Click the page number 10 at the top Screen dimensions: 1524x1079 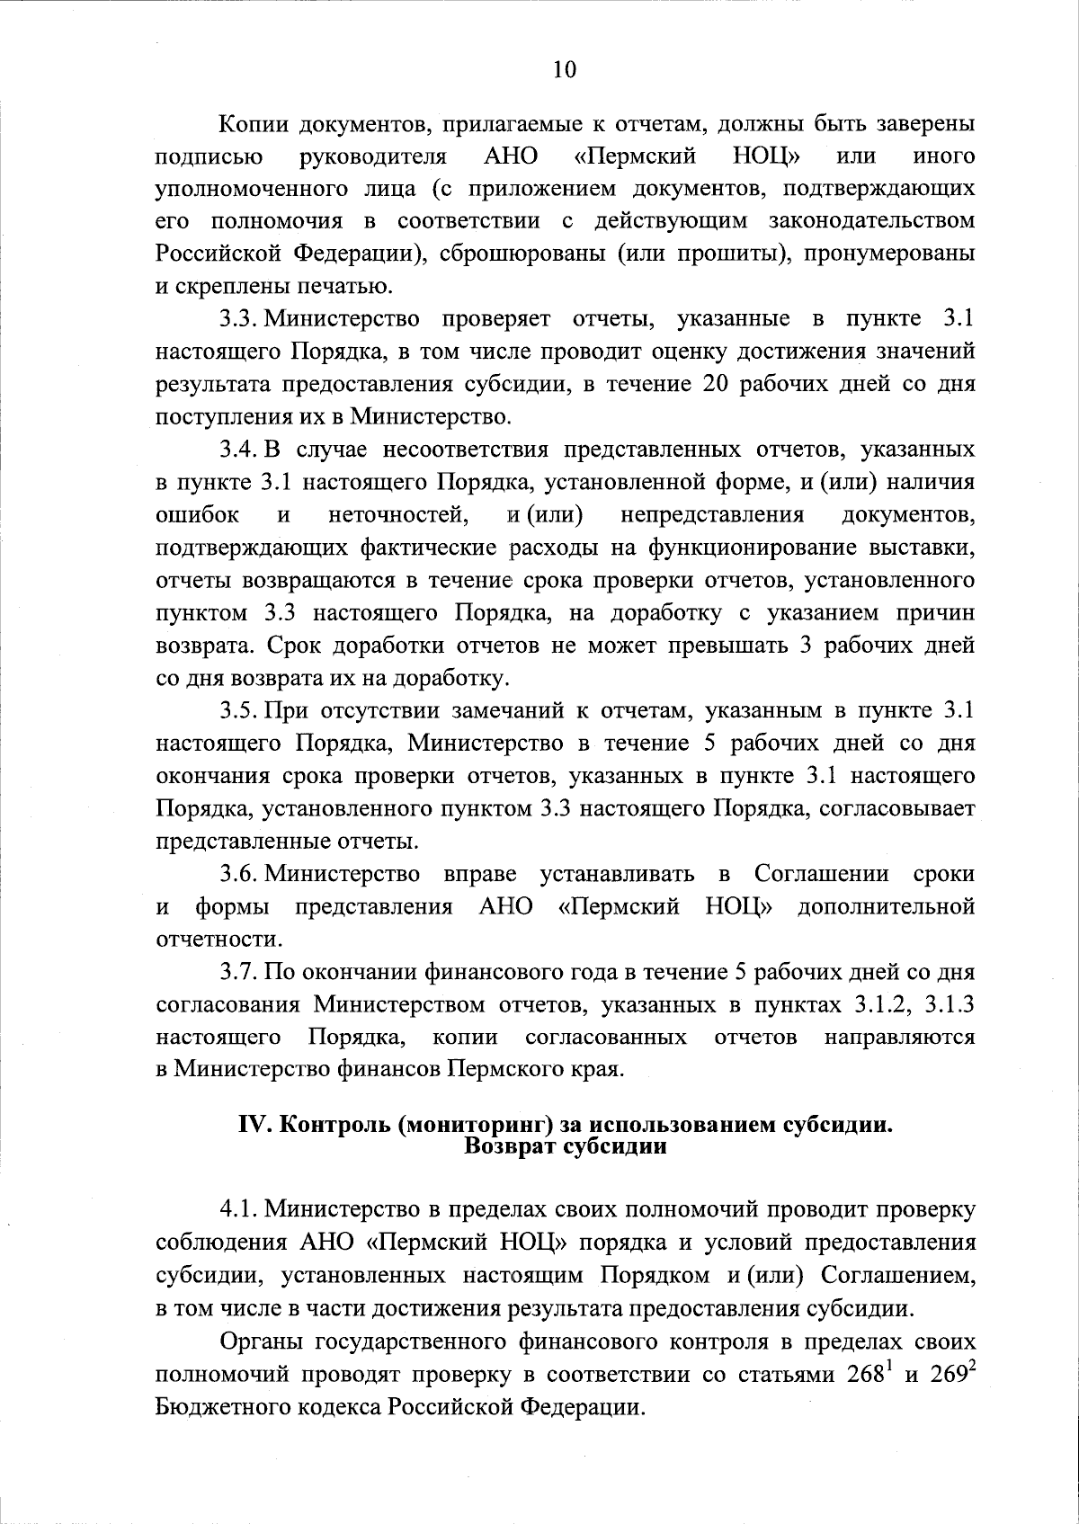pyautogui.click(x=564, y=70)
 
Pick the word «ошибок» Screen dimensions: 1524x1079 pyautogui.click(x=198, y=514)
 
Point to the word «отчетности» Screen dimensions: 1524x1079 pyautogui.click(x=218, y=939)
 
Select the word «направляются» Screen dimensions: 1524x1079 pyautogui.click(x=899, y=1037)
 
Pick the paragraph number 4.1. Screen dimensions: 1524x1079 pyautogui.click(x=239, y=1210)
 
